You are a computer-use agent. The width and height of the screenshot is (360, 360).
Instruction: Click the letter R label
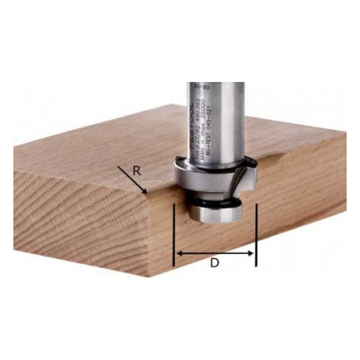click(137, 171)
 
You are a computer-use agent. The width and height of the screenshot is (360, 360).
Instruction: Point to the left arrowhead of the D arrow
click(177, 253)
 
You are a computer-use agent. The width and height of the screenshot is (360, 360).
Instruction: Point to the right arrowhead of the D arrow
click(252, 253)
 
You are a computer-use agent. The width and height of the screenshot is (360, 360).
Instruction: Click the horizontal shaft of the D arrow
click(215, 253)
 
